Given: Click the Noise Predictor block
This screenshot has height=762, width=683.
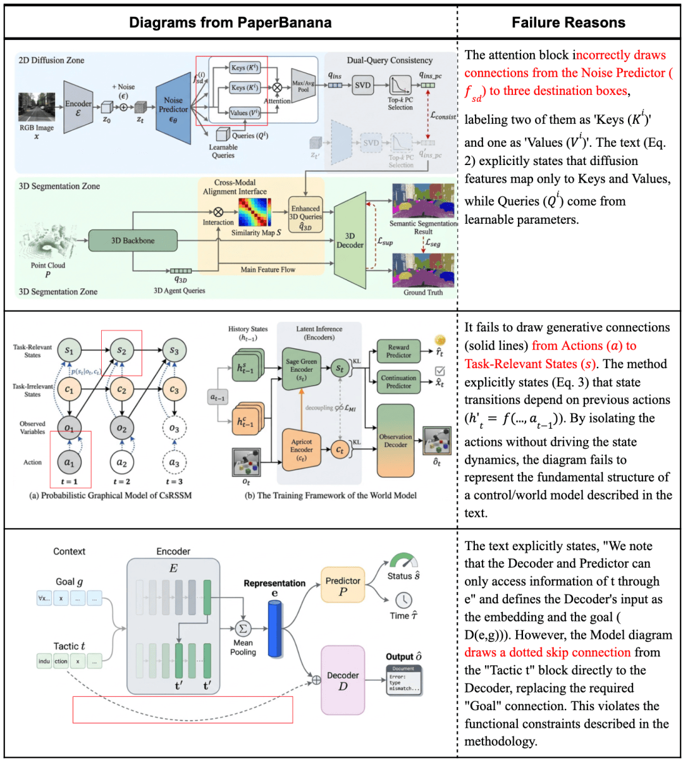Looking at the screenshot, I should coord(173,105).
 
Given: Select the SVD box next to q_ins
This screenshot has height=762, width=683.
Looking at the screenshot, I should coord(362,85).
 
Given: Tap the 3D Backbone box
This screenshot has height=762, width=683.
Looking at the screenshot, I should coord(133,240).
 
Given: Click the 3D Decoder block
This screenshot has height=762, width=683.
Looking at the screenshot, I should coord(350,240).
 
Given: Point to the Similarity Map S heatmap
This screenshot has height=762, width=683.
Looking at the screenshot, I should coord(254,212).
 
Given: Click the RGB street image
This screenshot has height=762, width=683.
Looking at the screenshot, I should coord(36,108).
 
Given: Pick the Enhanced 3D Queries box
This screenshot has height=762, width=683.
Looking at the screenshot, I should coord(305,217).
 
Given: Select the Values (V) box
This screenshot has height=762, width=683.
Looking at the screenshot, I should coord(244,113).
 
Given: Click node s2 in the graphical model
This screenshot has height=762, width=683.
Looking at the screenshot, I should coord(121,350).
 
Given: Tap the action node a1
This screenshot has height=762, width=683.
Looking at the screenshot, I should coord(69,462).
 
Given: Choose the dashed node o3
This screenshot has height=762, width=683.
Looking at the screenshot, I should coord(174,428).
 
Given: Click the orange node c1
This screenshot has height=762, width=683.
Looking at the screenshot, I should coord(69,390).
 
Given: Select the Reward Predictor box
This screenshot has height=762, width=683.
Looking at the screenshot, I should coord(398,351).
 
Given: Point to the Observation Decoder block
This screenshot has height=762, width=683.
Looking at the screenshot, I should coord(395,441).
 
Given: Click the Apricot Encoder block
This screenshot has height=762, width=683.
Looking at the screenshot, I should coord(302,450).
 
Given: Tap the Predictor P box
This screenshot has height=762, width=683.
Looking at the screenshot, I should coord(343,586).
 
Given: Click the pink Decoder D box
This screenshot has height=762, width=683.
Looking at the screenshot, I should coord(343,680).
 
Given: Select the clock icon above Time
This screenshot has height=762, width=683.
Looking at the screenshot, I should coord(403,600).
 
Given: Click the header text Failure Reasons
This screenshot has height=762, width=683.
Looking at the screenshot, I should coord(568,23).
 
